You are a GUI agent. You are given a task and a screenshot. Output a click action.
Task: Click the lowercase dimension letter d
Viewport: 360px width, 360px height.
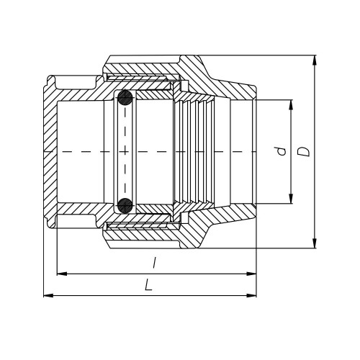click(x=282, y=151)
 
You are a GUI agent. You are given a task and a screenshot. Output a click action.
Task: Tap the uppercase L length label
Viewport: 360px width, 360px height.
click(x=148, y=285)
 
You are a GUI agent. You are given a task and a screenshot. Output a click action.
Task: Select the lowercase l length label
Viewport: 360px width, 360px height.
click(x=155, y=263)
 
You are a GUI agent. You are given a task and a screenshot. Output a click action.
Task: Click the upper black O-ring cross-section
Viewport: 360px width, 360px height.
click(x=125, y=98)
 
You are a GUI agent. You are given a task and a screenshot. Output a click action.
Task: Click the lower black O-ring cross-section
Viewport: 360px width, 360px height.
click(x=125, y=206)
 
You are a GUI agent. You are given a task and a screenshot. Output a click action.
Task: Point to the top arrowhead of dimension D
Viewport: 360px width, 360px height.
click(x=315, y=60)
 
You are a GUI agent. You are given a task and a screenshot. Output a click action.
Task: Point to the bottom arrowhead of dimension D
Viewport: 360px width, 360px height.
click(x=315, y=243)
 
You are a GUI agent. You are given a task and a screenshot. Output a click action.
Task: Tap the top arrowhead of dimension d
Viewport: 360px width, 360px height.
click(x=291, y=104)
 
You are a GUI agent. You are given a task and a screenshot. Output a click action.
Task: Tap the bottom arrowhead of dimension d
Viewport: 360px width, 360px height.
click(x=291, y=199)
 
